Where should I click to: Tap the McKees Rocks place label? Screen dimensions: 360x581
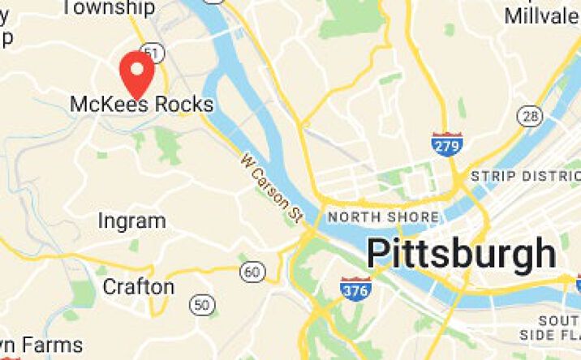[x=142, y=105]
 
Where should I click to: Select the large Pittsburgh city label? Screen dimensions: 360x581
[x=461, y=254]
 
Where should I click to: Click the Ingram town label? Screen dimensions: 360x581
[x=131, y=221]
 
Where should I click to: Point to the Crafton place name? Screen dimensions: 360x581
[x=138, y=287]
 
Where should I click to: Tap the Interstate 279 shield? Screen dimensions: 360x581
[x=447, y=144]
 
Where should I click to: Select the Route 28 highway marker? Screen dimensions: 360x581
[x=532, y=118]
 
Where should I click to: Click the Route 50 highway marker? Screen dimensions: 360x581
[x=201, y=305]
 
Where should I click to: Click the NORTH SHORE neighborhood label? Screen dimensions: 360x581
[x=383, y=217]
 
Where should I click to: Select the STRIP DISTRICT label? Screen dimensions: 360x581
[x=526, y=176]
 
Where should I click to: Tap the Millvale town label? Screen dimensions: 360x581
[x=542, y=15]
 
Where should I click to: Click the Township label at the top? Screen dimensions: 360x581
[x=108, y=8]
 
